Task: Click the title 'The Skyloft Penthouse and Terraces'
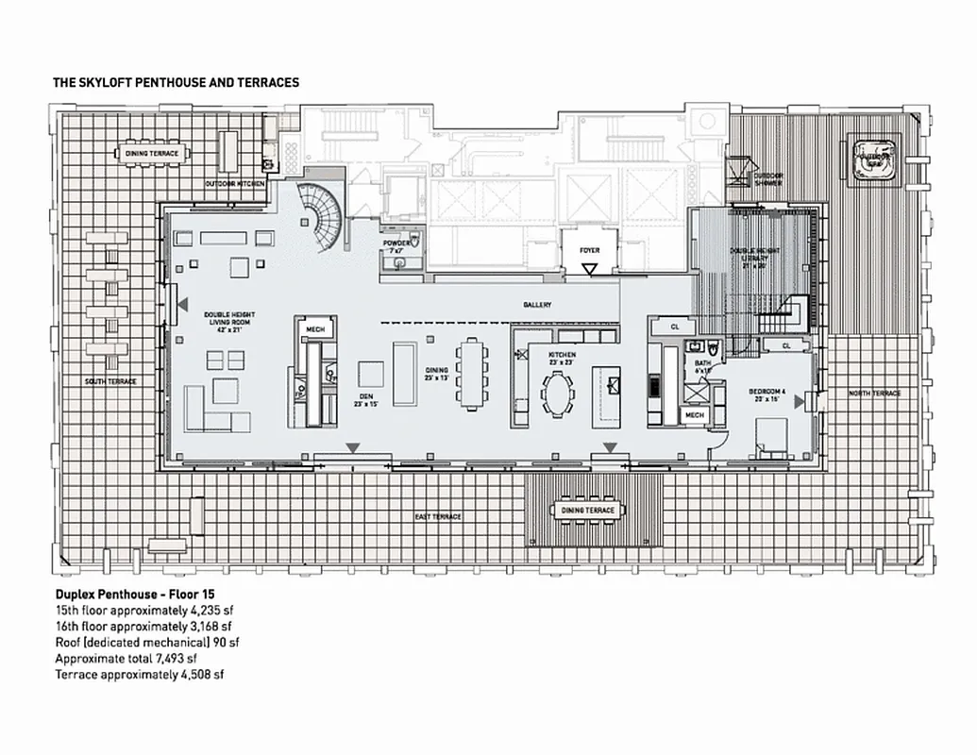tap(177, 83)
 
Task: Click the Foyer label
tap(590, 250)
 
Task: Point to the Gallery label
tap(537, 305)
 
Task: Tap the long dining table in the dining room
tap(471, 373)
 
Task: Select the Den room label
tap(363, 399)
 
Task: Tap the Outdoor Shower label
tap(767, 180)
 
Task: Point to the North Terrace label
tap(874, 393)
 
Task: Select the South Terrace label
tap(111, 381)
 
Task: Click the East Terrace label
tap(438, 517)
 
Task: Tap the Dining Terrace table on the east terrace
tap(588, 511)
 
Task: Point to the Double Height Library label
tap(751, 256)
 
